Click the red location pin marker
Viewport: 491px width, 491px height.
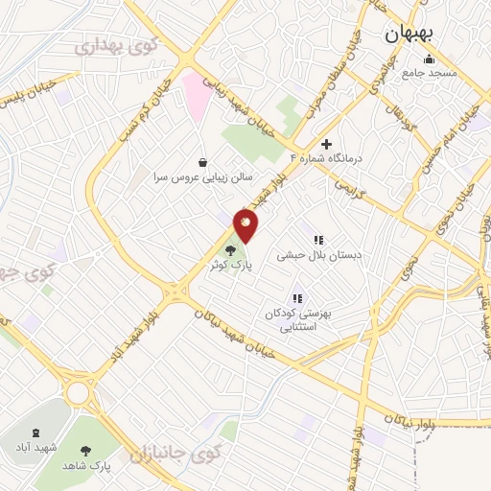coord(245,224)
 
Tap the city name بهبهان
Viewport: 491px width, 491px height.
coord(409,34)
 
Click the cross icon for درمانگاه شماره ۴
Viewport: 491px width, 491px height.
coord(326,143)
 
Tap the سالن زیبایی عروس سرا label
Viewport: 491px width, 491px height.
coord(199,178)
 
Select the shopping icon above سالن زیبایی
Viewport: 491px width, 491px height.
coord(200,163)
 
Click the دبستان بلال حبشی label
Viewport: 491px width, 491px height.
coord(312,256)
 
